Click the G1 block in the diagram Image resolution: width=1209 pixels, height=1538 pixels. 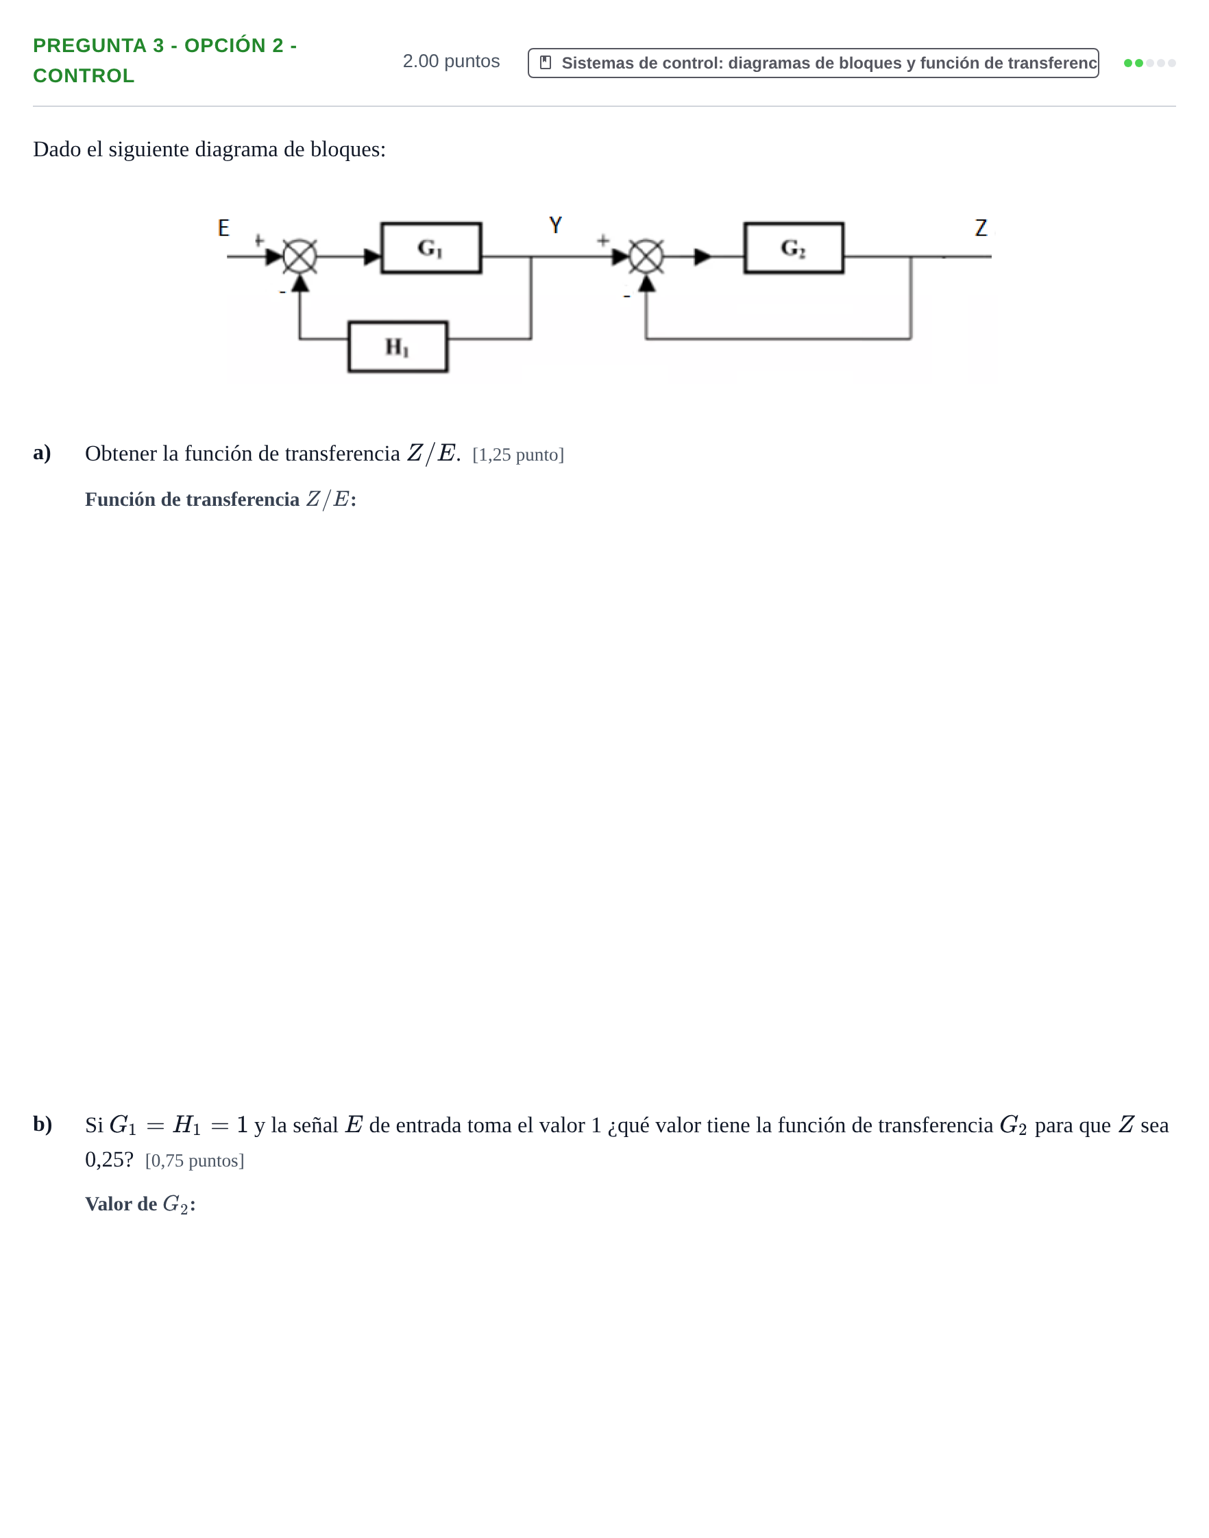431,247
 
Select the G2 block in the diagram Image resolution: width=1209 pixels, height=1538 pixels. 794,247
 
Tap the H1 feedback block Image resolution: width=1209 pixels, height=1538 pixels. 398,347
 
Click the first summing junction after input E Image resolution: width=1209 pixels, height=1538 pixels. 300,256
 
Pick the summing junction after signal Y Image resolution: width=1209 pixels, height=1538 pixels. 646,256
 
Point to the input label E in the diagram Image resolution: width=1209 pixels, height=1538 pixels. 223,228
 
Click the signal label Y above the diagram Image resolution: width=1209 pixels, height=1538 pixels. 556,225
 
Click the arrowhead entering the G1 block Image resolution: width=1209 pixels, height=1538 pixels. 372,256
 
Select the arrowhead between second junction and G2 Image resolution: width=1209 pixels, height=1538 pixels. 703,256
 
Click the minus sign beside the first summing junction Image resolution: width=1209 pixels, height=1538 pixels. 282,291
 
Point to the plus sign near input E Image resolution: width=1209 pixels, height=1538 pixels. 259,241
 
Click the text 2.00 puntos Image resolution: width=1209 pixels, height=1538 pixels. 451,62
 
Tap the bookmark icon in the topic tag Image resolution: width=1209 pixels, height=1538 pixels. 546,62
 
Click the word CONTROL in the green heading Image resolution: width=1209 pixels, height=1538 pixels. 84,75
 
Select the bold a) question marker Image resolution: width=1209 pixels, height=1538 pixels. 42,452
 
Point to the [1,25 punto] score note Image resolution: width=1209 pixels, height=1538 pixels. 518,454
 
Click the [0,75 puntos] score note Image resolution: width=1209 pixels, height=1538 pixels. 195,1161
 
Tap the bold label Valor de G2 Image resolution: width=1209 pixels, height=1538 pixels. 140,1204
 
